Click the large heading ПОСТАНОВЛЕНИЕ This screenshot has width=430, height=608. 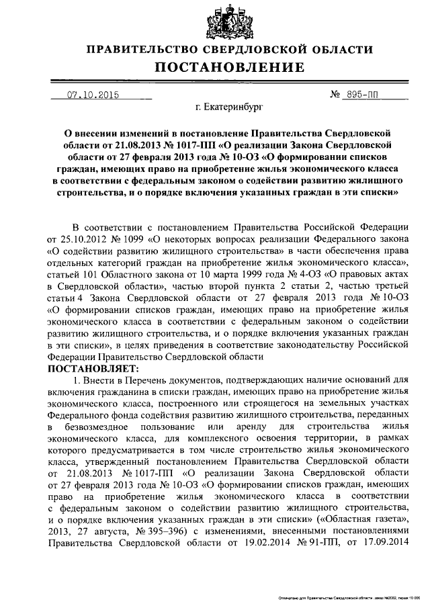(x=214, y=67)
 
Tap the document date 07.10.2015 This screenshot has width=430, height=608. (x=93, y=95)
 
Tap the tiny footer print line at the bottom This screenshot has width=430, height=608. (x=349, y=597)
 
